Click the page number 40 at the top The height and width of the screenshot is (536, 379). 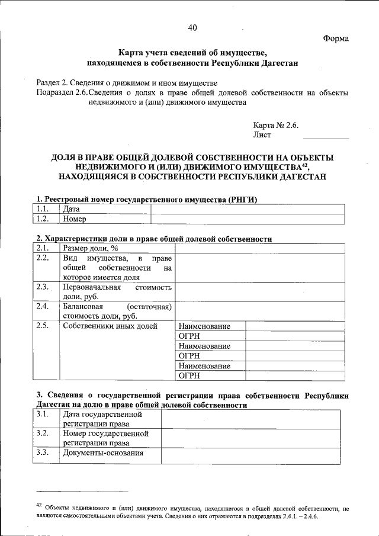point(192,27)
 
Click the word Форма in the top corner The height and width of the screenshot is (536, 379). point(336,38)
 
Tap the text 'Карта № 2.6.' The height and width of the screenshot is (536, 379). point(277,126)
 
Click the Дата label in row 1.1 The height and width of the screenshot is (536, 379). point(71,209)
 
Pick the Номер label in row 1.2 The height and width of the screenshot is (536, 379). point(74,219)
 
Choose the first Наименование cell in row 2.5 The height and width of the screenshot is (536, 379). point(204,326)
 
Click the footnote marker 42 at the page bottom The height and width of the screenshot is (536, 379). point(38,505)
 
